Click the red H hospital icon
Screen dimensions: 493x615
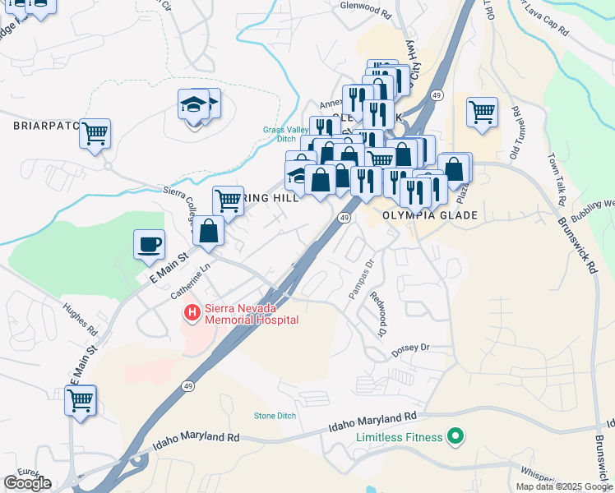tap(192, 313)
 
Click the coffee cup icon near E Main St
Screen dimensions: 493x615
tap(149, 244)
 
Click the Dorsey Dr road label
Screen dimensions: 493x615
tap(410, 348)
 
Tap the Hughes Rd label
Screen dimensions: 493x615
tap(81, 321)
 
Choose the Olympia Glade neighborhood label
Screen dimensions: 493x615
tap(431, 215)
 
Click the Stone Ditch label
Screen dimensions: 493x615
tap(275, 416)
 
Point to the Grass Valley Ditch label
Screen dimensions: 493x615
tap(284, 135)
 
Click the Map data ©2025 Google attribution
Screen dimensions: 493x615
tap(563, 486)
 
